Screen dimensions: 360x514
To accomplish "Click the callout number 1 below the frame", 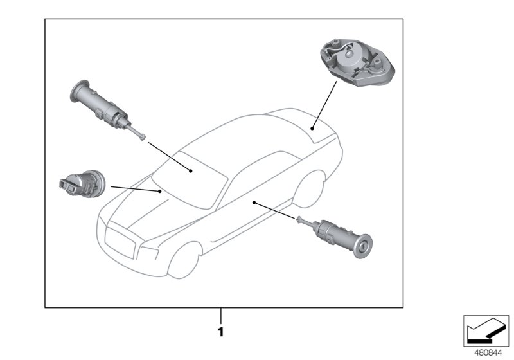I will click(220, 332).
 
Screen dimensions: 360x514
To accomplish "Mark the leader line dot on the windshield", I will click(191, 170).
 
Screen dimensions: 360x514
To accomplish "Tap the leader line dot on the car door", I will click(254, 202).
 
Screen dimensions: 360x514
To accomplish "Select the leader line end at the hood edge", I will click(161, 191).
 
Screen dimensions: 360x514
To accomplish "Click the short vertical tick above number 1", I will click(220, 315).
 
